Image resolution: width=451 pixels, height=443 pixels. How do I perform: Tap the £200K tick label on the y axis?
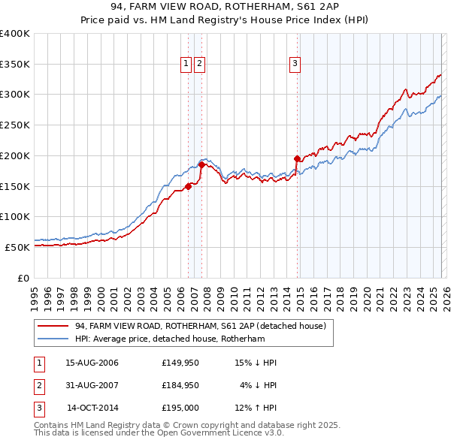coord(15,155)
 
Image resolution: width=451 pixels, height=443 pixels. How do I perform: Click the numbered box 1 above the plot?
coord(186,65)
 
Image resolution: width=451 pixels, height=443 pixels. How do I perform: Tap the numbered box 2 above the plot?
coord(199,65)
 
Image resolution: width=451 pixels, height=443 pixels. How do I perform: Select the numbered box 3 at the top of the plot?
coord(295,65)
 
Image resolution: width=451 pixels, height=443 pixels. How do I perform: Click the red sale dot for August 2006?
coord(188,187)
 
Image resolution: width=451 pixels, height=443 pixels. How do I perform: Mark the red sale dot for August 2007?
coord(202,165)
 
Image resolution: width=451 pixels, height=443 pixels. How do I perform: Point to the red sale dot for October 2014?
coord(297,158)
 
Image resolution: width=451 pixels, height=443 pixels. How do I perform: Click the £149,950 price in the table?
coord(180,363)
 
